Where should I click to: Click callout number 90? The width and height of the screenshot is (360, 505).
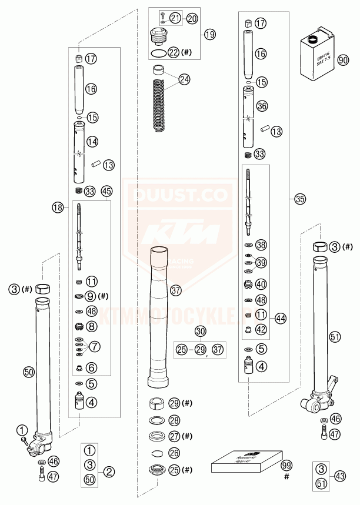click(x=343, y=59)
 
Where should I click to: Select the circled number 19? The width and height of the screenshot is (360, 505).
click(x=210, y=34)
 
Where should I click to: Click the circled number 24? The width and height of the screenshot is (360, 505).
click(x=185, y=78)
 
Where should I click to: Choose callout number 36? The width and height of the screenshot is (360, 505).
click(x=262, y=106)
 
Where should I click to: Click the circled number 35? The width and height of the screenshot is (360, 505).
click(x=301, y=199)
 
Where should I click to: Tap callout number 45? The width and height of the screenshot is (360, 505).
click(x=106, y=191)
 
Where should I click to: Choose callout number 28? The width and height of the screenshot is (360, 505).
click(x=174, y=420)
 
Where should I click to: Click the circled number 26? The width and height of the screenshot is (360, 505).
click(x=174, y=453)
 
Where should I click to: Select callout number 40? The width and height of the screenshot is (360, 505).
click(x=262, y=283)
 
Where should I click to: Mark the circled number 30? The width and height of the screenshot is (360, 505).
click(x=201, y=331)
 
